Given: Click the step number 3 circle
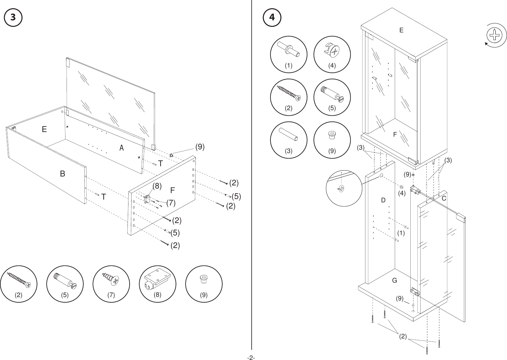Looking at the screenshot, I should click(x=13, y=18).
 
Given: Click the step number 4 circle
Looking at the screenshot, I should click(x=272, y=18).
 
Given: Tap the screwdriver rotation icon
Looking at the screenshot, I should click(x=495, y=35).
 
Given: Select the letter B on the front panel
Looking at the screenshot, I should click(x=63, y=174).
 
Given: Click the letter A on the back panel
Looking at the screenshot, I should click(x=122, y=148).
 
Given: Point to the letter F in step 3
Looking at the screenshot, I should click(x=172, y=191).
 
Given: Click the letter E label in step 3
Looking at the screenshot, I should click(x=44, y=130).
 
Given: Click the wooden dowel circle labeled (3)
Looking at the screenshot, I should click(x=288, y=140).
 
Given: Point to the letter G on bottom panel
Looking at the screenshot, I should click(x=394, y=281).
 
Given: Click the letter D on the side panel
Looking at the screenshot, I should click(x=383, y=201).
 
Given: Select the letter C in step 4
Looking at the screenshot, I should click(x=444, y=199).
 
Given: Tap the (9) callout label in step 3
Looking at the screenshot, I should click(x=200, y=147).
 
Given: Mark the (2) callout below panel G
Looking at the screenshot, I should click(x=403, y=336).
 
